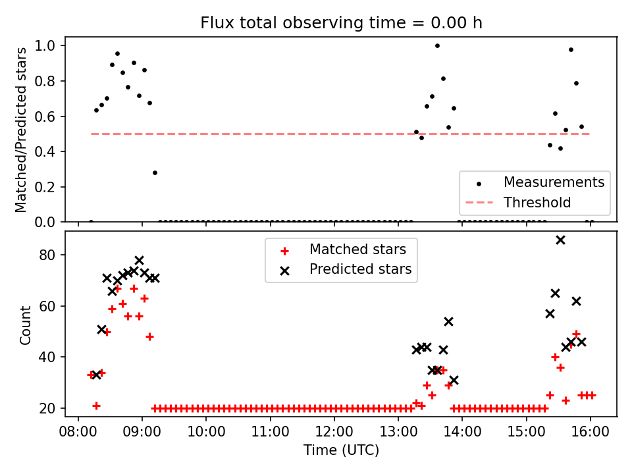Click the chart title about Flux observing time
coord(341,23)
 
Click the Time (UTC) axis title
coord(341,450)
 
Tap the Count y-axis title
coord(26,325)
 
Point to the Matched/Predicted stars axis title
coord(22,130)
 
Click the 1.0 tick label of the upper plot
coord(53,46)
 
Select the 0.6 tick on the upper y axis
coord(53,117)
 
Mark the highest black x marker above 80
coord(560,240)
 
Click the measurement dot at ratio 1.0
coord(437,45)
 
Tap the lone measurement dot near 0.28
coord(155,172)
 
